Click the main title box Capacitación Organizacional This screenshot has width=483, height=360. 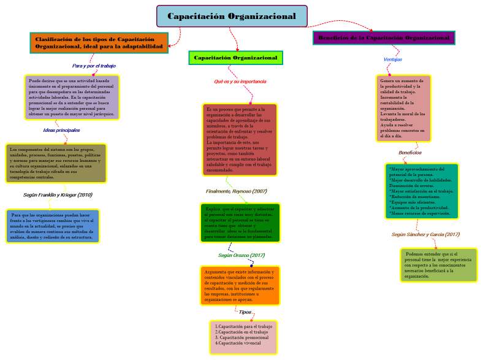232,16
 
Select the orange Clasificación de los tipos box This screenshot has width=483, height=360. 99,42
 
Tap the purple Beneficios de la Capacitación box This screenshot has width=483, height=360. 384,38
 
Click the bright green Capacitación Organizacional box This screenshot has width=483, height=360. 235,58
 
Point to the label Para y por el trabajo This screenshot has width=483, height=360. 94,66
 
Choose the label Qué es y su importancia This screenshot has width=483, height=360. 240,81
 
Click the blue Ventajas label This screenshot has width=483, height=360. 392,59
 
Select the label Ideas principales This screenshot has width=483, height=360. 61,130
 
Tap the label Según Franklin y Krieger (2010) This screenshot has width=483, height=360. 58,194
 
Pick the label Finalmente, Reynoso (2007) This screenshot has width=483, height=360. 237,191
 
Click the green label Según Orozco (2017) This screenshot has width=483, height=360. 241,255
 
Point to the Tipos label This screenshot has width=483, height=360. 245,312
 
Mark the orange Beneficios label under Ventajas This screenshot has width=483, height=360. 410,152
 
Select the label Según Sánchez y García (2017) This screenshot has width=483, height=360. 425,234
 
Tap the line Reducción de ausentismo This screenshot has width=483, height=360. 416,196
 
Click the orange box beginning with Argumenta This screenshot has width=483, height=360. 240,285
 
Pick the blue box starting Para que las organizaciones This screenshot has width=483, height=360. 53,226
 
